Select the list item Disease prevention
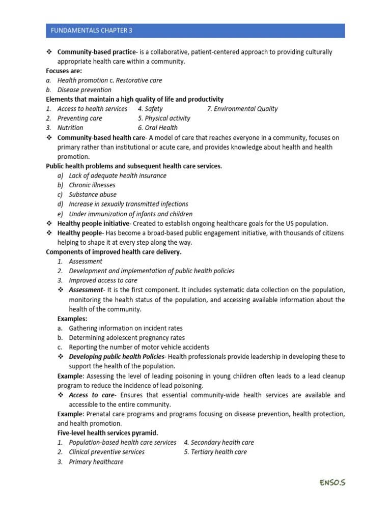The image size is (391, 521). point(84,90)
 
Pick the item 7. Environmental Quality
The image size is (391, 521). point(242,108)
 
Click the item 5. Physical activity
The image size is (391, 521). point(163,118)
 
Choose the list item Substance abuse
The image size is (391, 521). point(92,194)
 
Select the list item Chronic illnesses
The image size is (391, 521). point(92,185)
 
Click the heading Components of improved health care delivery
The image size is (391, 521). point(114,252)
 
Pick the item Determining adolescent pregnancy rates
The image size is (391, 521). point(126,337)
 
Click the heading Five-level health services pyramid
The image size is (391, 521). point(107,433)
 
